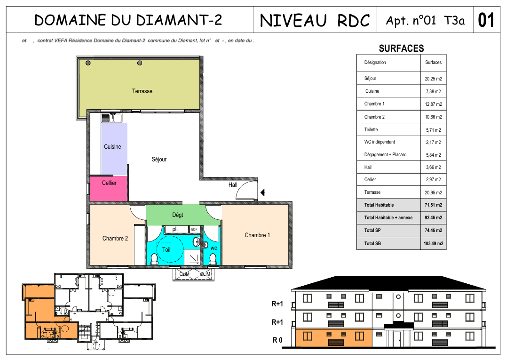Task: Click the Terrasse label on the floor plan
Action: click(142, 91)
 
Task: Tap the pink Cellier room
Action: click(109, 189)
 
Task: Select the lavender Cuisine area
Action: click(114, 149)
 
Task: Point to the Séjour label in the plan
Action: click(159, 159)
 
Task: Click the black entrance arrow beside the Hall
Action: click(262, 192)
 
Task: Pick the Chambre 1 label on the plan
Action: click(257, 235)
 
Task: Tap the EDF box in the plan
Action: click(194, 229)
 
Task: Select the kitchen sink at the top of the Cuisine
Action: click(111, 118)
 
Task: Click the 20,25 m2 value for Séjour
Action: click(434, 79)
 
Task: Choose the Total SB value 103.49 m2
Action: click(434, 243)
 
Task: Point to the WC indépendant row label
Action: click(379, 142)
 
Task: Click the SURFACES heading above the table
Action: click(401, 48)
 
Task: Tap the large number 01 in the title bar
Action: click(486, 20)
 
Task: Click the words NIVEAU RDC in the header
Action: click(315, 20)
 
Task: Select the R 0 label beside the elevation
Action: click(277, 340)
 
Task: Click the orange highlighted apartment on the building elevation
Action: click(334, 338)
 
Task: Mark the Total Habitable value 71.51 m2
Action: click(434, 205)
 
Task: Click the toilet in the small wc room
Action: click(213, 259)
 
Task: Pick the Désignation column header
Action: click(375, 62)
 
